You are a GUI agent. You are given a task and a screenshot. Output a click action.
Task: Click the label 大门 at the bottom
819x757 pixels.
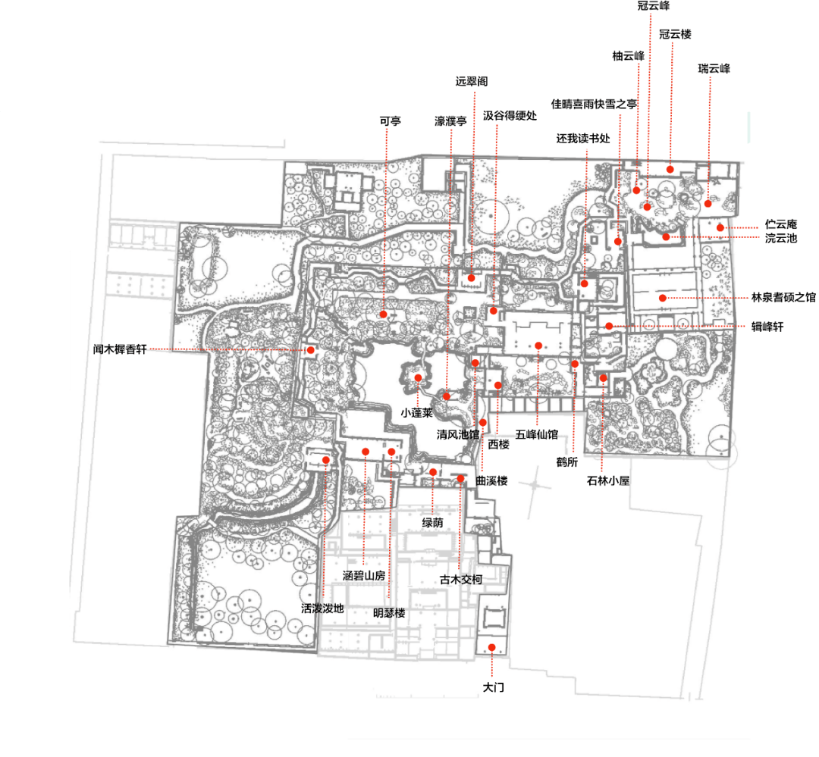coord(493,687)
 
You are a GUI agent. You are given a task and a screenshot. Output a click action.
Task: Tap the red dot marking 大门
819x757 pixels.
coord(491,647)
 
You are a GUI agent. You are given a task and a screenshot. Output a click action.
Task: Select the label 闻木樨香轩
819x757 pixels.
coord(120,349)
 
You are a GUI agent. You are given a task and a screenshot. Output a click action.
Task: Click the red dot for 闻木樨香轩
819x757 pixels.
coord(311,350)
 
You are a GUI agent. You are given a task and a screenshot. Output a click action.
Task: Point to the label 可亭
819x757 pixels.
coord(391,121)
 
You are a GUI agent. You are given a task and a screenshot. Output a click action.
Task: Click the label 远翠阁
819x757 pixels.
coord(472,81)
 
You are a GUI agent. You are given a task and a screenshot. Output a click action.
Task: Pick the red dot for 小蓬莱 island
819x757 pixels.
coord(418,378)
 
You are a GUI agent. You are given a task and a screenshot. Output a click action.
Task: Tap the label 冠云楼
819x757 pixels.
coord(676,34)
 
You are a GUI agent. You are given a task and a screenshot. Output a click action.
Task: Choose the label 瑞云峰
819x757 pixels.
coord(714,68)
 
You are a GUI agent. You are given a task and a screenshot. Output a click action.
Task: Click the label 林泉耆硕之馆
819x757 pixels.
coord(783,297)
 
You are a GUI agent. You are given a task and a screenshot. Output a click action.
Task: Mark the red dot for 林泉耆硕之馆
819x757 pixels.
coord(662,298)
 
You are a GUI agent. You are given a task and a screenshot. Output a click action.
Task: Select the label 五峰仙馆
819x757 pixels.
coord(537,434)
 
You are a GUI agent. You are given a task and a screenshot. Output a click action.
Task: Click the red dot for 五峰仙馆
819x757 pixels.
coord(538,346)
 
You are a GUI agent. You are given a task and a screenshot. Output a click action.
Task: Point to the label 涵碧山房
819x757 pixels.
coord(364,575)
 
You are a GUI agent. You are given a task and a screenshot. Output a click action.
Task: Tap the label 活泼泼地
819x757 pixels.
coord(322,608)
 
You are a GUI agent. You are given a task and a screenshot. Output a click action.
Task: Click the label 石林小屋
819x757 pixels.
coord(608,481)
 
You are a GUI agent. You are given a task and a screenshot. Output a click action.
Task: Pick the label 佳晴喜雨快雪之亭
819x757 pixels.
coord(594,104)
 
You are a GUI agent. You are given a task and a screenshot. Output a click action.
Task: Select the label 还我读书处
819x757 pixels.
coord(583,139)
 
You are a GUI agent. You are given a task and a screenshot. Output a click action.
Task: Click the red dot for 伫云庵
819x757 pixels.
coord(720,227)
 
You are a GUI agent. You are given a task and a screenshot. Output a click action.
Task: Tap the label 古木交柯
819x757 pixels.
coord(461,580)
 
